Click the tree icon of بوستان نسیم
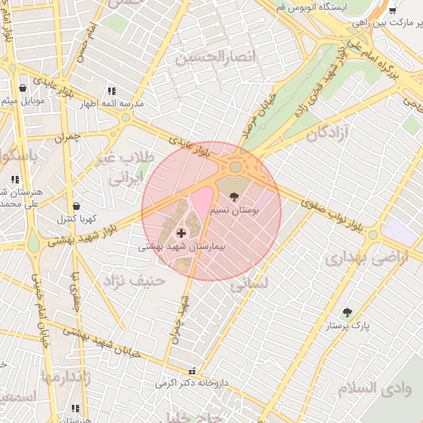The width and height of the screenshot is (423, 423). pyautogui.click(x=234, y=197)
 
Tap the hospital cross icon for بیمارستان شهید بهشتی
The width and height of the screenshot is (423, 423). pyautogui.click(x=181, y=235)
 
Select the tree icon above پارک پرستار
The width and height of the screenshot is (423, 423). pyautogui.click(x=348, y=312)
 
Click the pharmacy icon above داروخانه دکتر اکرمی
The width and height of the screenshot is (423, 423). pyautogui.click(x=192, y=371)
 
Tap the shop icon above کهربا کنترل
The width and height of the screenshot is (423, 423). pyautogui.click(x=76, y=206)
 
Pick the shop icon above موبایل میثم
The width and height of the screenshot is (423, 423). pyautogui.click(x=22, y=88)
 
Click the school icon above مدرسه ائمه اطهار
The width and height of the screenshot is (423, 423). pyautogui.click(x=112, y=91)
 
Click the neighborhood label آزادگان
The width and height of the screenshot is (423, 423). pyautogui.click(x=327, y=133)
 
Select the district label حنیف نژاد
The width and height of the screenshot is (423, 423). pyautogui.click(x=135, y=281)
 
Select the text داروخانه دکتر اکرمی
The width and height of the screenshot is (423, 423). pyautogui.click(x=192, y=384)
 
